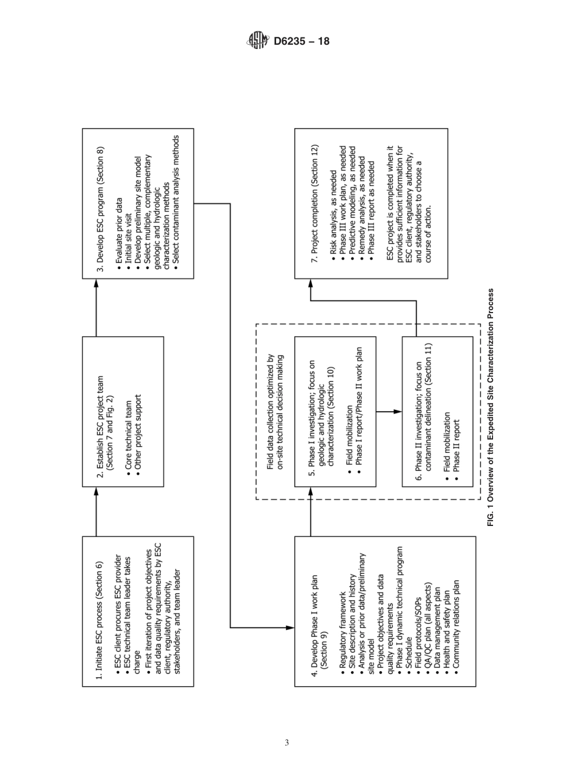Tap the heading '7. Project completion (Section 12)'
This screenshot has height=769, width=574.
click(314, 203)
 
